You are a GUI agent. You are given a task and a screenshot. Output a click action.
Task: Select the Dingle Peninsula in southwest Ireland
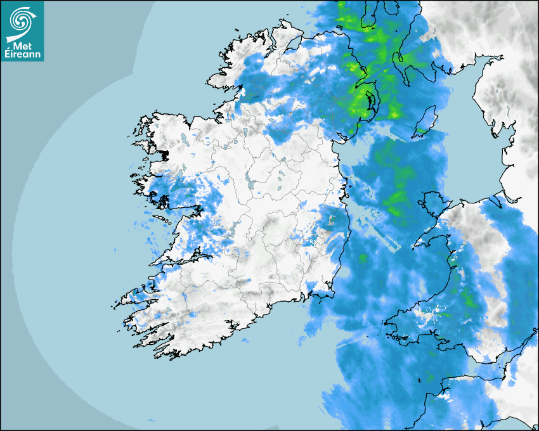pos(136,294)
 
